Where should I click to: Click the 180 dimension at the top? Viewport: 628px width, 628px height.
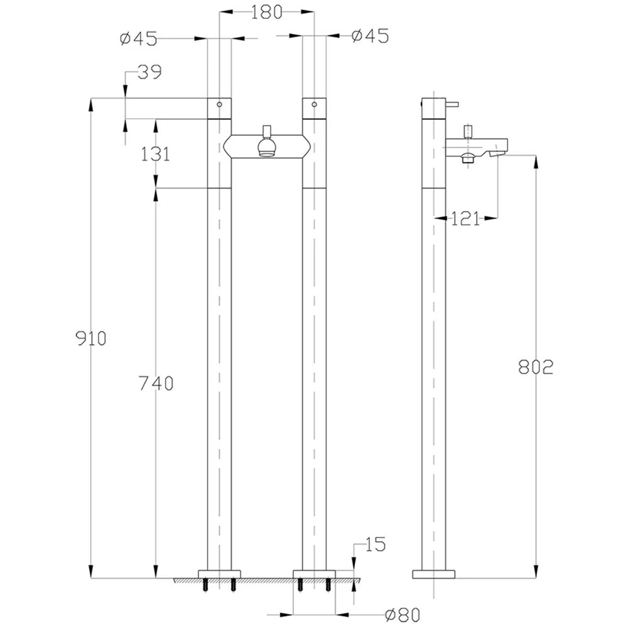click(x=267, y=12)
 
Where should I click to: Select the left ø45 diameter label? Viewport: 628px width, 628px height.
click(x=139, y=39)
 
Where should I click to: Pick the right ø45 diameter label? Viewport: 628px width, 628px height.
click(x=370, y=36)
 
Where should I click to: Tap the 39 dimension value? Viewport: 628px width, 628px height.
click(x=149, y=72)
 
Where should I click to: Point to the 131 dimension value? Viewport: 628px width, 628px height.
click(x=155, y=154)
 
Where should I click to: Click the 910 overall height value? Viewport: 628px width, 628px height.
click(x=91, y=339)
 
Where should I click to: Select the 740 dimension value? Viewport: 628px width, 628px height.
click(x=156, y=383)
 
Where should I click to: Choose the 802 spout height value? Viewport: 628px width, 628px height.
click(x=536, y=367)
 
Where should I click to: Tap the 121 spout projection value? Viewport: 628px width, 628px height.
click(x=465, y=219)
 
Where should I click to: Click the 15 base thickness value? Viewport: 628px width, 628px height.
click(x=375, y=544)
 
